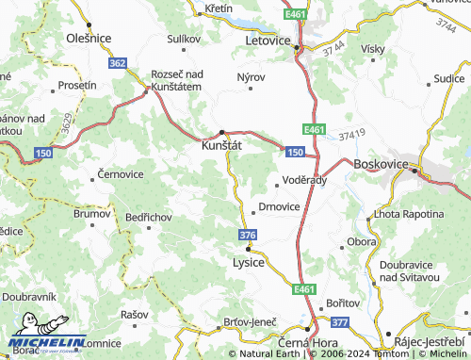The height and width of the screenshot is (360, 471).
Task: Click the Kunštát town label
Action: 221,146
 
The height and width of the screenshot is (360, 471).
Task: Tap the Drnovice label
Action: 279,205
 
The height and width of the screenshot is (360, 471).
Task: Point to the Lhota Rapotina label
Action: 409,215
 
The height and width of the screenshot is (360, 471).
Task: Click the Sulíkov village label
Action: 184,39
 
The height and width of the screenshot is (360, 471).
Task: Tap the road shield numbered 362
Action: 117,63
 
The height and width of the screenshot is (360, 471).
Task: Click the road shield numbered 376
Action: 248,235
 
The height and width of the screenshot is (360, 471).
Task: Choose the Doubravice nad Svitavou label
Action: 413,271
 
